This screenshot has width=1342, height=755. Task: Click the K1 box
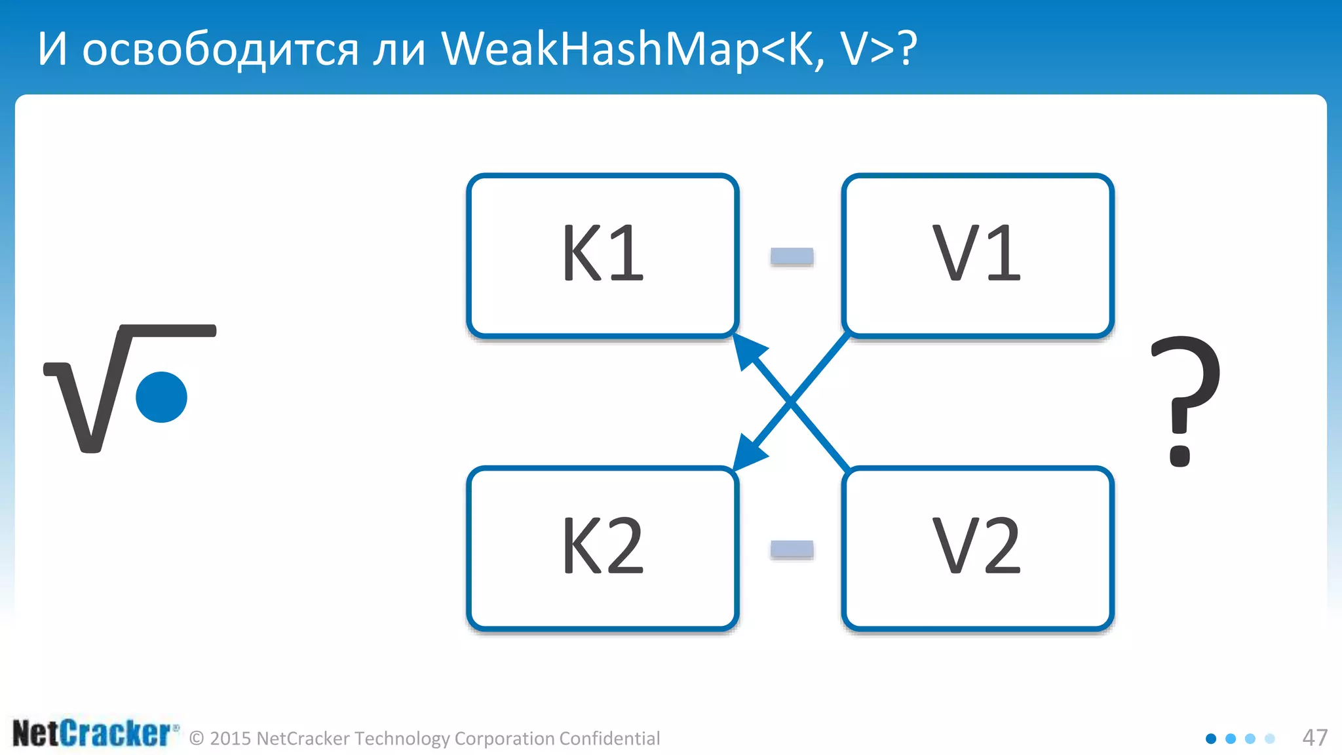point(603,256)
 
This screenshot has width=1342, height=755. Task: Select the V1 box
point(978,256)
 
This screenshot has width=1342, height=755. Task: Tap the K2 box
point(603,548)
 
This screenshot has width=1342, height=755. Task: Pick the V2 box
point(978,548)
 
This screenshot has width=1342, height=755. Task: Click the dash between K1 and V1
point(792,256)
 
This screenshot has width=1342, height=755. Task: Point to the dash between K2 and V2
point(792,549)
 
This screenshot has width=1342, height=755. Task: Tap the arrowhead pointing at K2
point(748,452)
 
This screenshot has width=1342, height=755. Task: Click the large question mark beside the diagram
point(1185,400)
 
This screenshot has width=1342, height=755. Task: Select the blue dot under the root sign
point(161,397)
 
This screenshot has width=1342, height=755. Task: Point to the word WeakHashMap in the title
point(599,50)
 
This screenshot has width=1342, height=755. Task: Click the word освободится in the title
point(220,50)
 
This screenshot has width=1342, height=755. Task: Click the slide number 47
point(1314,738)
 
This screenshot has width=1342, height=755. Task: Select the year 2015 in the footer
point(231,739)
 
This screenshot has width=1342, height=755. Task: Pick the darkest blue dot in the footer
point(1211,739)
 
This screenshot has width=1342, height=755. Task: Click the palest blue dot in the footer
point(1270,739)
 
